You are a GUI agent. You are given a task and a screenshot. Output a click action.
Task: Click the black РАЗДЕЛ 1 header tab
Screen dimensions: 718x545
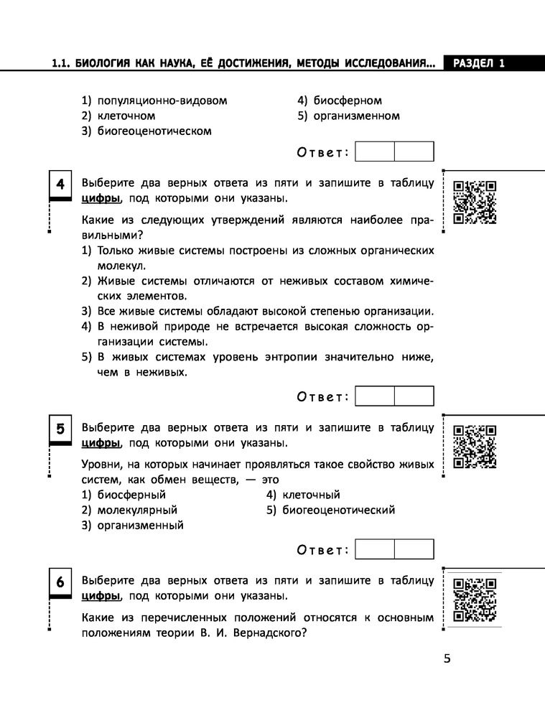point(478,63)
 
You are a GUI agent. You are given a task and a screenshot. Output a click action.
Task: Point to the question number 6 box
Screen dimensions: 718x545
point(60,582)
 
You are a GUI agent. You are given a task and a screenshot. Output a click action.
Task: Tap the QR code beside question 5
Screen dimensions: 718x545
point(475,446)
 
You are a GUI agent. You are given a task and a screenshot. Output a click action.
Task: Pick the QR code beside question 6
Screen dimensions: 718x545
point(475,599)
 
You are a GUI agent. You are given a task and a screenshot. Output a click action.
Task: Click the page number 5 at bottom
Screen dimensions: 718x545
point(447,660)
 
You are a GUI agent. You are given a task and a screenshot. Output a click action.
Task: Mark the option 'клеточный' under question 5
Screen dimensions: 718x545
point(311,495)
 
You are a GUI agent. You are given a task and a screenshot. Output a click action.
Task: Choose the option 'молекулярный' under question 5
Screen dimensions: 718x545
point(136,510)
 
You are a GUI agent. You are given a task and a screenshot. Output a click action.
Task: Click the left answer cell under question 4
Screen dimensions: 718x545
point(375,396)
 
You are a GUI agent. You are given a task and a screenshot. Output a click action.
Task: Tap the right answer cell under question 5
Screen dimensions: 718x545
point(414,549)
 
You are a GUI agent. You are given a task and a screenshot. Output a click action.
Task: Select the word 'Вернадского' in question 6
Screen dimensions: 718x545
point(266,633)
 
